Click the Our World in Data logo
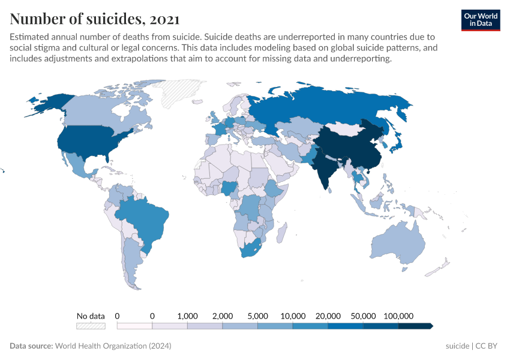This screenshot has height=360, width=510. click(480, 20)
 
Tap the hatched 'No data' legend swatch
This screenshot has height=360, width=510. click(91, 326)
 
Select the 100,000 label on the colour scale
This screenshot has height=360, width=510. click(398, 316)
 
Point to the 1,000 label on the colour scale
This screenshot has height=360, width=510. click(188, 316)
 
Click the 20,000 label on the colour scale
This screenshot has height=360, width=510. click(328, 316)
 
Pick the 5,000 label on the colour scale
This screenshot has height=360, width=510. click(258, 316)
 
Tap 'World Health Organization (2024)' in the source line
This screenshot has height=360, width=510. click(113, 346)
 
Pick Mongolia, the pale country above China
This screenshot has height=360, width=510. click(348, 129)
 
